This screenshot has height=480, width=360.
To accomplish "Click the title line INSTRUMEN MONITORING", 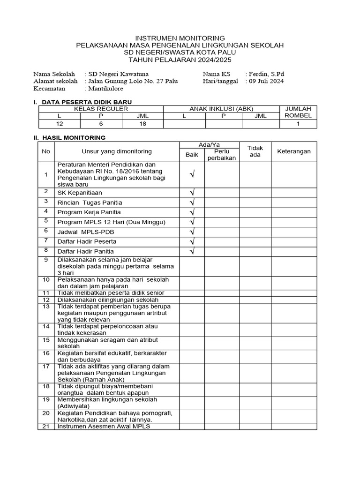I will pyautogui.click(x=180, y=38).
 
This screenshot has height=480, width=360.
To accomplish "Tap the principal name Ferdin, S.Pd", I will pyautogui.click(x=264, y=74).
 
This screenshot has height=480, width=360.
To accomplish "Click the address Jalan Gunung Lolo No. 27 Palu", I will pyautogui.click(x=133, y=81).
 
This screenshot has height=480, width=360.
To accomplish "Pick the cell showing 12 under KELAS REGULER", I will pyautogui.click(x=59, y=124).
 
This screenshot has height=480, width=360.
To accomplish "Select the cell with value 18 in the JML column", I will pyautogui.click(x=142, y=124).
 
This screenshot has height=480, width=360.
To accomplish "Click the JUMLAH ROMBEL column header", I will pyautogui.click(x=298, y=112).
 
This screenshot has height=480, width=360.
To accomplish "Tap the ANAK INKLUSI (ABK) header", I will pyautogui.click(x=221, y=109).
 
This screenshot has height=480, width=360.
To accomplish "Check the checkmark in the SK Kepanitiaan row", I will pyautogui.click(x=192, y=193).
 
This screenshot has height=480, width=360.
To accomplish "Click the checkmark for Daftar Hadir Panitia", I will pyautogui.click(x=192, y=252).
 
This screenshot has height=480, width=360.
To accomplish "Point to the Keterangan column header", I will pyautogui.click(x=294, y=151).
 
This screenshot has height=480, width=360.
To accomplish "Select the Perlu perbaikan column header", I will pyautogui.click(x=221, y=155).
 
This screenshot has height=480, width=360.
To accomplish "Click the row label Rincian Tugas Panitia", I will pyautogui.click(x=90, y=202).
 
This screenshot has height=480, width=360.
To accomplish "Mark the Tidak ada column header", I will pyautogui.click(x=255, y=151).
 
